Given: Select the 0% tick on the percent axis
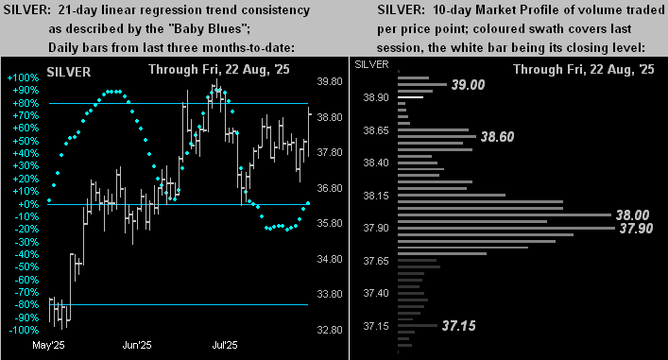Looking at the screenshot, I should (29, 204).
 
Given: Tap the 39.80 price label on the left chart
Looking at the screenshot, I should (331, 82).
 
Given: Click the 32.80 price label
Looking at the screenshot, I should (331, 330).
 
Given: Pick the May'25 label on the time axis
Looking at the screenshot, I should (48, 345).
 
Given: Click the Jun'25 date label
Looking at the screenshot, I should (137, 345).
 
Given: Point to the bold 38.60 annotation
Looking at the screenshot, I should (497, 137).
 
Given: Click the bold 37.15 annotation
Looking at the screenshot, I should (457, 326).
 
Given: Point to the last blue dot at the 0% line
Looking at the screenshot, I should (307, 205).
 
